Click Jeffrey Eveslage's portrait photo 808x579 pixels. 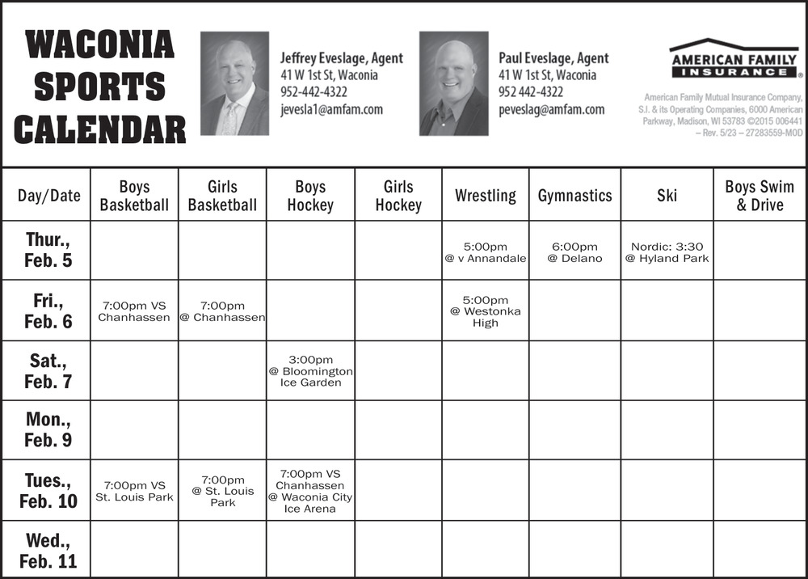(234, 83)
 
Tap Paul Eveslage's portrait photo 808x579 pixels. (453, 83)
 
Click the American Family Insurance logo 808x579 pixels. (734, 58)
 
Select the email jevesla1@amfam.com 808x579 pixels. (331, 109)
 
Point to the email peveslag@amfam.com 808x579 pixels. (551, 109)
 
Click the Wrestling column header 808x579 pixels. (485, 196)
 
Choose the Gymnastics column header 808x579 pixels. (574, 196)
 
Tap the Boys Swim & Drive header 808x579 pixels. (759, 196)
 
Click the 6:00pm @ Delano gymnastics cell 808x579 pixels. (574, 252)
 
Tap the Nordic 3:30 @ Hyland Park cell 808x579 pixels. (667, 252)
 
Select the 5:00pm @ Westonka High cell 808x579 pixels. (485, 311)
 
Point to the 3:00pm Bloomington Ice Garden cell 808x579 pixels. (310, 371)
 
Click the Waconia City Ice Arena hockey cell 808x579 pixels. (310, 491)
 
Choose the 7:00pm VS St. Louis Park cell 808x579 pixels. (134, 491)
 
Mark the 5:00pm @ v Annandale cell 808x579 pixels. (485, 252)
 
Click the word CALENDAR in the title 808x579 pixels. (100, 129)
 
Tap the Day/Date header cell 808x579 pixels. (48, 196)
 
